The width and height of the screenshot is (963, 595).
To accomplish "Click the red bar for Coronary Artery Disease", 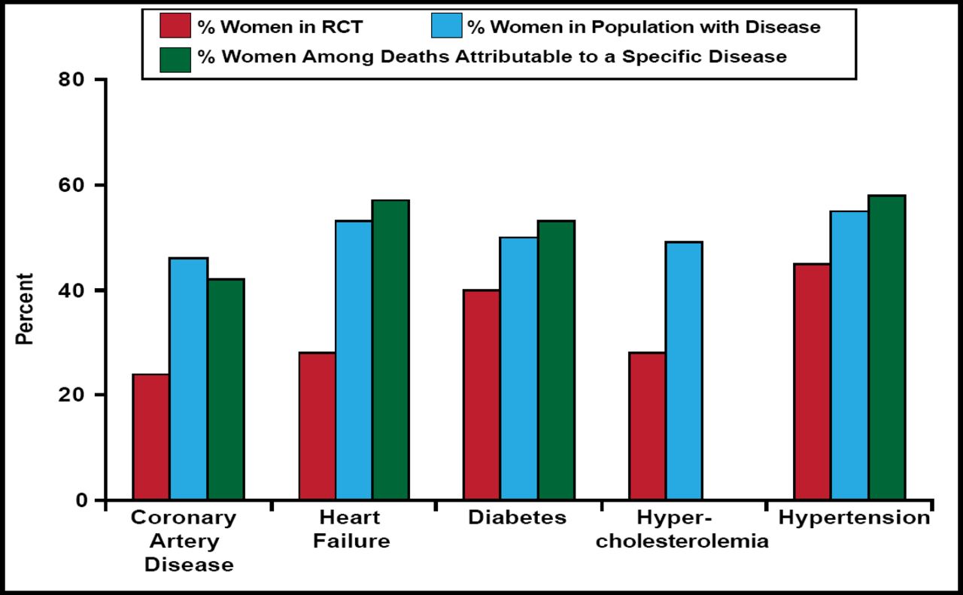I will point(150,437).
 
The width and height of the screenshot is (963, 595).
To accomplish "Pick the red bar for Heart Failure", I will point(317,426).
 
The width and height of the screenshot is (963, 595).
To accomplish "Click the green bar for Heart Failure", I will point(390,350).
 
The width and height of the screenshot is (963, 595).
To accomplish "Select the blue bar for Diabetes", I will point(519,369).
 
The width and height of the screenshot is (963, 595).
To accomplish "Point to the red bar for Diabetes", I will point(481,395).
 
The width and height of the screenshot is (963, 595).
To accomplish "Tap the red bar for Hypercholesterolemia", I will point(647,426).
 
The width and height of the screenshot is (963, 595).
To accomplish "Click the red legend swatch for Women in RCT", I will point(175,27).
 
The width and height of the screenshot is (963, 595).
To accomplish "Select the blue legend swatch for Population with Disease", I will point(446,27).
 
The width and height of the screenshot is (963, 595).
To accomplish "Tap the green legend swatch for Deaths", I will point(175,57).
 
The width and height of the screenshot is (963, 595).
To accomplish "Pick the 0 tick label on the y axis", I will point(81,500).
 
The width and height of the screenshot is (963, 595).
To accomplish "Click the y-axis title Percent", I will point(26,308).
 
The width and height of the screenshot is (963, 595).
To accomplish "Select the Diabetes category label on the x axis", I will point(517,518).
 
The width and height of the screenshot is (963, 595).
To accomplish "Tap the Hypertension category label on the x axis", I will point(854,518).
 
